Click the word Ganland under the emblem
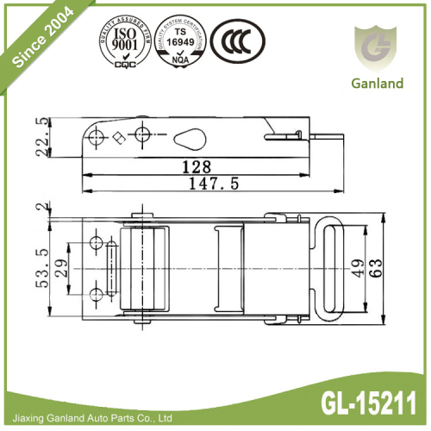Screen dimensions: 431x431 pos(377,84)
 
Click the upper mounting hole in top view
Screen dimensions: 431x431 pos(97,240)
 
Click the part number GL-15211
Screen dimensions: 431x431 pos(367,402)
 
